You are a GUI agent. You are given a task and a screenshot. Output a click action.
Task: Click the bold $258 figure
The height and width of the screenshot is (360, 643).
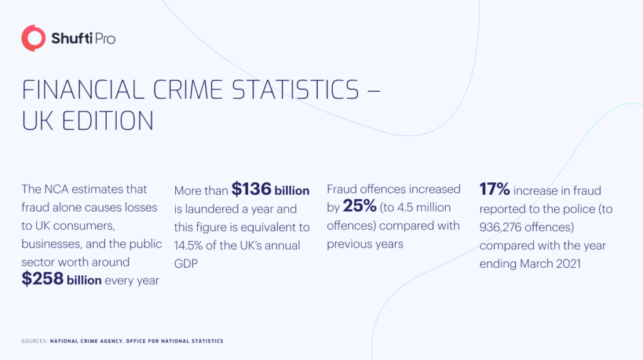[x=42, y=280]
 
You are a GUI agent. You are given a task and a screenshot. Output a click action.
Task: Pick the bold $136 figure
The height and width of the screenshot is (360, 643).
[x=251, y=189]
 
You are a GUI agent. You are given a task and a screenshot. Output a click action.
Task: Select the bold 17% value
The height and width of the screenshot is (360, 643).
[x=495, y=189]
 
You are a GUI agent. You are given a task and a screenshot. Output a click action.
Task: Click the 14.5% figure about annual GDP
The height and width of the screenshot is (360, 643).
[x=192, y=246]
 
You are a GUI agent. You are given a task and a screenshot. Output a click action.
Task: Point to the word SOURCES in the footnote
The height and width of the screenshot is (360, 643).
[x=31, y=341]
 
